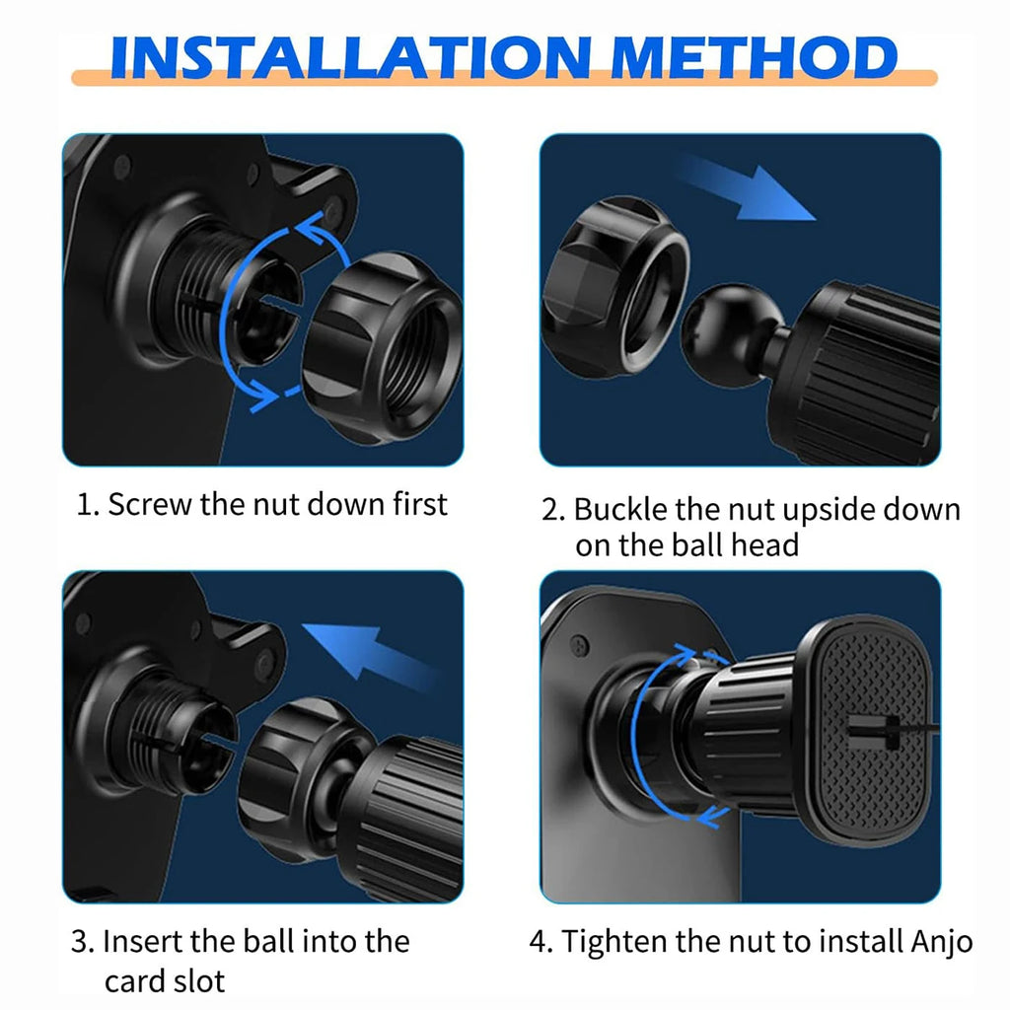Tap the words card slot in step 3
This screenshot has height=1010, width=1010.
pos(165,981)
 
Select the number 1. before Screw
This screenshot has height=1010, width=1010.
pos(89,505)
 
